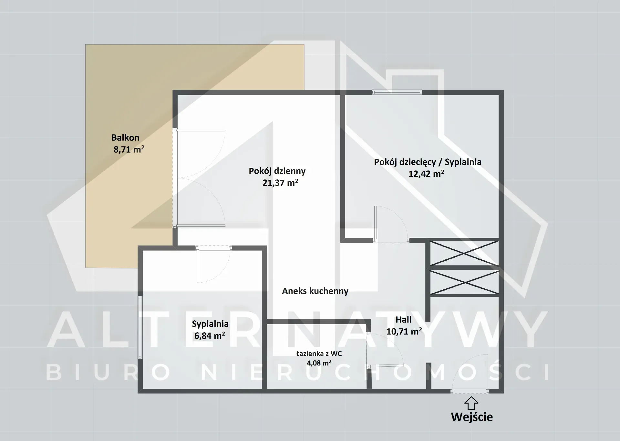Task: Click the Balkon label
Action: point(125,138)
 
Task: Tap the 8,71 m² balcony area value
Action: point(129,149)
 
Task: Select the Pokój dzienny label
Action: point(277,171)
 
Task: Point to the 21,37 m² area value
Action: point(280,183)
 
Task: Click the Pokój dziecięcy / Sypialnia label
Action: point(428,162)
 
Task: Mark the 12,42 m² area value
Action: point(426,174)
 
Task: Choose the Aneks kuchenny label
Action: point(315,291)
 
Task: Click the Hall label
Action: point(403,320)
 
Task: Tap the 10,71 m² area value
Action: point(404,331)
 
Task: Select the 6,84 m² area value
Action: point(210,336)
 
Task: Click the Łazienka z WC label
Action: point(319,354)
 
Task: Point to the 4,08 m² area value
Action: point(319,363)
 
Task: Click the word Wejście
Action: point(472,417)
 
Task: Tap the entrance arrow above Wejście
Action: point(471,403)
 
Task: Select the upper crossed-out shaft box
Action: point(464,253)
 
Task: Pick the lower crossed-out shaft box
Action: point(464,282)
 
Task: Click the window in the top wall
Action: point(397,92)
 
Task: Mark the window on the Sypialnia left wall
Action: point(140,327)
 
